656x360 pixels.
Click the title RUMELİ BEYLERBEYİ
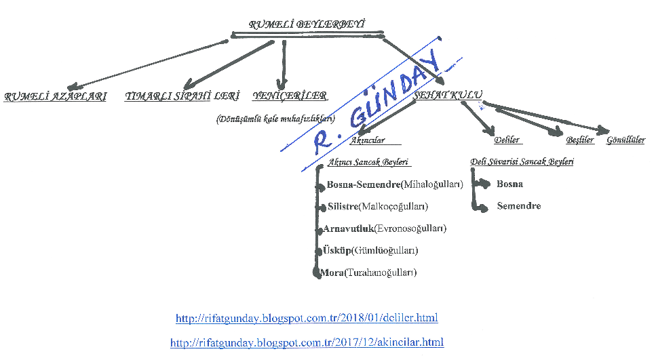point(307,25)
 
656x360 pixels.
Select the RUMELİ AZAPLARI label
point(56,96)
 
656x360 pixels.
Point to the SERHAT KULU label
point(444,97)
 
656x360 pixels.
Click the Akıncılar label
point(367,140)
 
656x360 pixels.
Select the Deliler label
point(507,140)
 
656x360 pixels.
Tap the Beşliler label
point(580,140)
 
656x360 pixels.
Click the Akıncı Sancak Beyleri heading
point(369,163)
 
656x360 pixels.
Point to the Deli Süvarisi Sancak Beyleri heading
point(522,162)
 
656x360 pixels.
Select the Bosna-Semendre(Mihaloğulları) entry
point(394,184)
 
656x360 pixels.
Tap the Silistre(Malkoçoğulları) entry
point(378,206)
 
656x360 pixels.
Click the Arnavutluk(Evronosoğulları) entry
point(385,228)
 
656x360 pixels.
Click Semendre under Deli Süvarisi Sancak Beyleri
point(518,206)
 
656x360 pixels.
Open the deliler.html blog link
point(307,318)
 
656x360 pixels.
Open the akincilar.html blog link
point(307,342)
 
